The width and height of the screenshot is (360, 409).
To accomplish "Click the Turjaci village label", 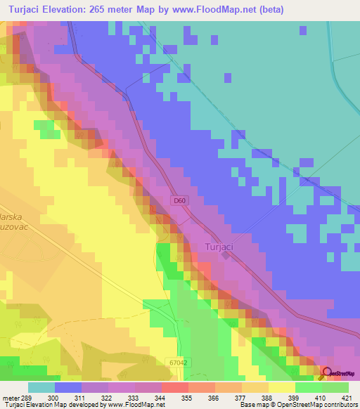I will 220,247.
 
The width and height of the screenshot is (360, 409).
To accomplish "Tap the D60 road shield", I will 180,201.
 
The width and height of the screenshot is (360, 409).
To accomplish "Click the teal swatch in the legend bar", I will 41,387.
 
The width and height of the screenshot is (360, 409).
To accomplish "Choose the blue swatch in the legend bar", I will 68,387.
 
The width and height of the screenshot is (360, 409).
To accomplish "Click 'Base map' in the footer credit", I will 254,404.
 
